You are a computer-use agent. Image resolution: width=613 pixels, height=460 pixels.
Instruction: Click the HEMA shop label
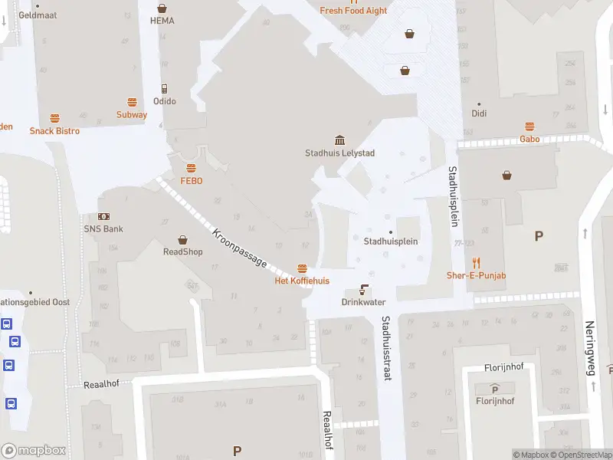(162, 21)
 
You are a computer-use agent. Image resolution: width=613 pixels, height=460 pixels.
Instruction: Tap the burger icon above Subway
(132, 102)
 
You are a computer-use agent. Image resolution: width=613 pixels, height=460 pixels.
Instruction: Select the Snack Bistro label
(54, 131)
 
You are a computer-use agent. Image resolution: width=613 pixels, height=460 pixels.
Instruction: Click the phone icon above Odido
(164, 89)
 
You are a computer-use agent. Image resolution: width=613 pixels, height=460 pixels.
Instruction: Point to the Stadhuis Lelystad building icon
(339, 140)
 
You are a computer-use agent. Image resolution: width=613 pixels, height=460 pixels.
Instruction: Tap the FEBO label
(191, 181)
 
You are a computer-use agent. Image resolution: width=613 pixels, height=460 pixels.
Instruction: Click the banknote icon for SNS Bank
(103, 217)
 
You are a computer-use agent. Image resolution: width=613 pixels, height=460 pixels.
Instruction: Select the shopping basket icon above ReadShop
(182, 239)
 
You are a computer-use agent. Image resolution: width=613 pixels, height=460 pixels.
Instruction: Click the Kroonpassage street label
(241, 247)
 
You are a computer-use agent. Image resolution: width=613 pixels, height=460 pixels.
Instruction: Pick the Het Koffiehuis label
(302, 281)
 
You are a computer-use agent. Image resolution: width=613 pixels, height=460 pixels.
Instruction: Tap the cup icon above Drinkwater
(363, 291)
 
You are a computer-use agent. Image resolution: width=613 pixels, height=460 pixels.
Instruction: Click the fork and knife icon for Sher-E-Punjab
(476, 262)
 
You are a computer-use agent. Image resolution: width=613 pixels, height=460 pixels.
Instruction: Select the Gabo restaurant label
(529, 140)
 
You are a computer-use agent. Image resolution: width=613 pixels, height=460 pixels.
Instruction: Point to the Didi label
(479, 113)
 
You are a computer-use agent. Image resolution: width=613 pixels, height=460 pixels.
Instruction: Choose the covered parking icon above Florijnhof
(494, 389)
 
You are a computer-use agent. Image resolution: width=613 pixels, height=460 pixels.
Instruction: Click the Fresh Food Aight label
(353, 11)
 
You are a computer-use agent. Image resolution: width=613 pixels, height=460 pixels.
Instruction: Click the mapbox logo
(34, 450)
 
